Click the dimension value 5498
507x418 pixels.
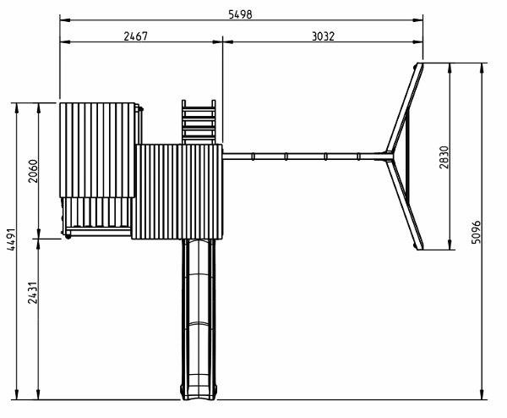click(x=240, y=14)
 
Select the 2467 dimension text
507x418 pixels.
click(x=135, y=36)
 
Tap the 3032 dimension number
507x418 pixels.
click(x=323, y=36)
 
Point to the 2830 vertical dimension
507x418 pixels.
click(x=444, y=157)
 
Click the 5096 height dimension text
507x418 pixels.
click(x=476, y=232)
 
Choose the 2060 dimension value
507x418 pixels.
click(x=33, y=171)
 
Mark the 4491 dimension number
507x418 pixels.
click(x=11, y=239)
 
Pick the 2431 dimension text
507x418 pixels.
click(x=33, y=293)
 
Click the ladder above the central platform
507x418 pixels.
click(x=199, y=122)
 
